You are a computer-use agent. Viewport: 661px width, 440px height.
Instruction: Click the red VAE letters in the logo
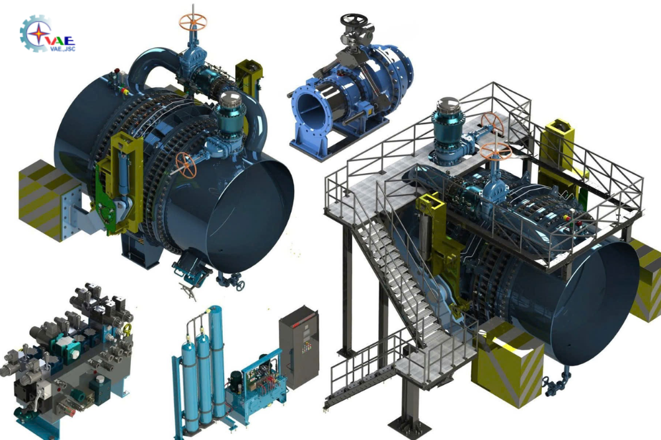tap(59, 40)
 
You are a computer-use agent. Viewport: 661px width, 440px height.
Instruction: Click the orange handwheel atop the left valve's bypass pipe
tap(192, 22)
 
